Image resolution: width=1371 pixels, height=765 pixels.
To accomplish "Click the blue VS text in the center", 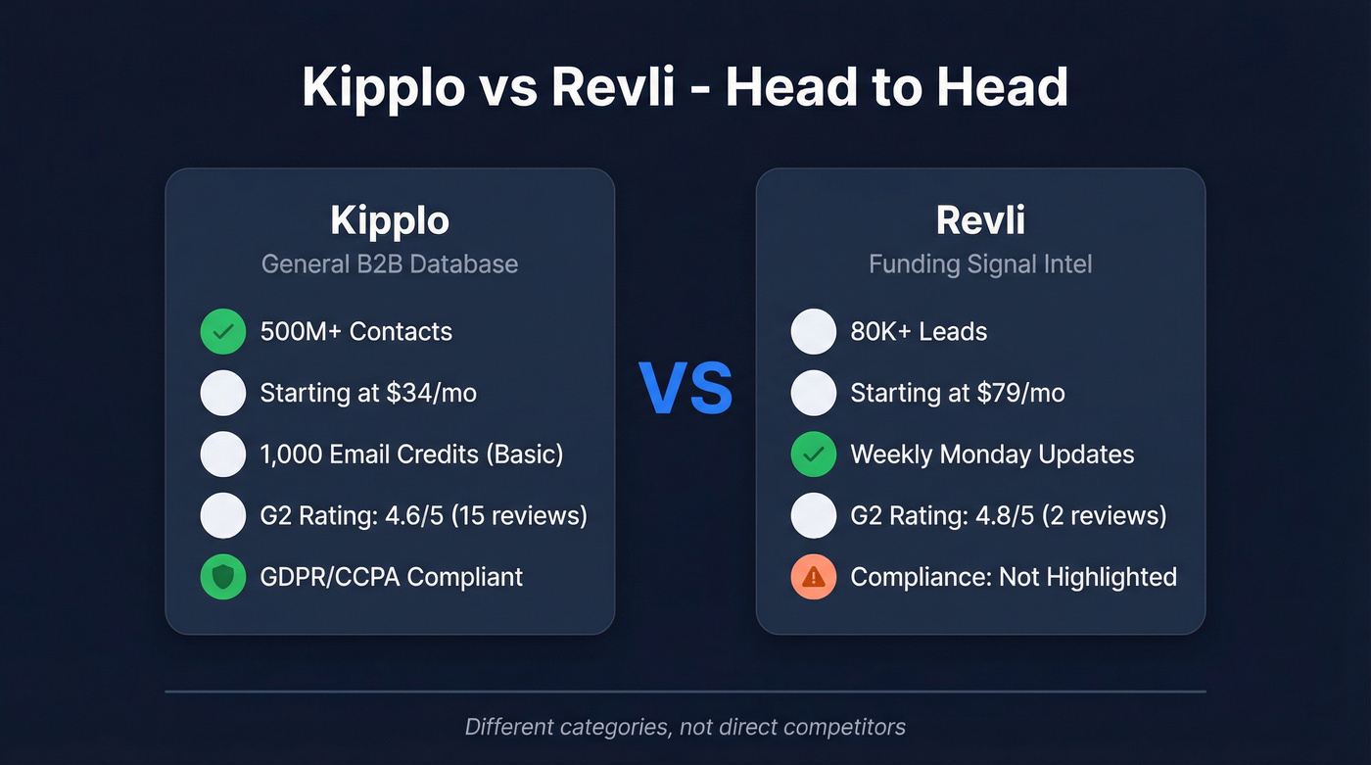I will click(x=685, y=390).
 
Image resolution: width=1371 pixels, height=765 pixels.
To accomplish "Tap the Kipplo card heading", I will click(x=389, y=220).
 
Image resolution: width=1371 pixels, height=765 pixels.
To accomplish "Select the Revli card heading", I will click(x=980, y=220).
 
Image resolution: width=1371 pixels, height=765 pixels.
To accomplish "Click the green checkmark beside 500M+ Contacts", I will click(x=223, y=332).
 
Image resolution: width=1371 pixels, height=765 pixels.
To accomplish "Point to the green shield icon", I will click(x=223, y=577).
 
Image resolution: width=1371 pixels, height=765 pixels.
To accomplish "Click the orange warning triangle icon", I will click(x=813, y=577).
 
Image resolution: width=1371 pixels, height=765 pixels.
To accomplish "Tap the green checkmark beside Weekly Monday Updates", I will click(x=813, y=454).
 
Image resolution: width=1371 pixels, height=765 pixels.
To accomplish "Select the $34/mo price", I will click(x=431, y=394).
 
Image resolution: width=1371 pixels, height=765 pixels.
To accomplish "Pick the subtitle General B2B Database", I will click(x=389, y=263).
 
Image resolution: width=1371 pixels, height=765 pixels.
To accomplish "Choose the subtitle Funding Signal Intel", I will click(x=980, y=263).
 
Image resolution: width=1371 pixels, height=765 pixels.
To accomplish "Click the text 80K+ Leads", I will click(x=919, y=332).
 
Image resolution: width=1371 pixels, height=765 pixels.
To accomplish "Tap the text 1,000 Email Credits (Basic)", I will click(x=411, y=454).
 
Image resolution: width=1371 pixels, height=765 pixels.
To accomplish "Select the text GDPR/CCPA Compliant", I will click(x=392, y=577).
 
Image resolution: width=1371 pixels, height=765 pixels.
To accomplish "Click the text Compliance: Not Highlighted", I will click(x=1014, y=577).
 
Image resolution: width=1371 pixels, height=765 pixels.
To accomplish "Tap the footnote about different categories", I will click(x=685, y=727).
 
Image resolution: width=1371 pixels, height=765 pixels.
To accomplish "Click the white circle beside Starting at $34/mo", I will click(x=223, y=394).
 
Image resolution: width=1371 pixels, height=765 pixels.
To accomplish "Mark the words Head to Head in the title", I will click(x=896, y=88).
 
